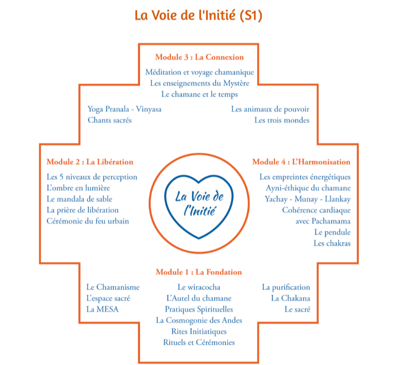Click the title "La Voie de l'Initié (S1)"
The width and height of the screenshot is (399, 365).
(199, 15)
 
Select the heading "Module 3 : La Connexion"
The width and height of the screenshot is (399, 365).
(199, 57)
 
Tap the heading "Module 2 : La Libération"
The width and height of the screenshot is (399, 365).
(90, 162)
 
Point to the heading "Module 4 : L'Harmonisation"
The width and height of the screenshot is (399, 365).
(301, 162)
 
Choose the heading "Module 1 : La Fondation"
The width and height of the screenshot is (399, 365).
(199, 272)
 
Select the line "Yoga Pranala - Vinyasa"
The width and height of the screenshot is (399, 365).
(125, 109)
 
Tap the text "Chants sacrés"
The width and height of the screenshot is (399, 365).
(109, 120)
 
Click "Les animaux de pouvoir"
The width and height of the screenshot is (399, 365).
(270, 109)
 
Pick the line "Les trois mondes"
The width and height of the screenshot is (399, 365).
(282, 120)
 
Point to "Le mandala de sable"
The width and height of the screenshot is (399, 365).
(80, 199)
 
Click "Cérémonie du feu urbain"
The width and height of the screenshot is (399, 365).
(88, 221)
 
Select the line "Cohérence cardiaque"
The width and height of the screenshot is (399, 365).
(316, 210)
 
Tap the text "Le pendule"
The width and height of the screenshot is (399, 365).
(332, 232)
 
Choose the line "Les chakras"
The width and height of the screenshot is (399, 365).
(332, 243)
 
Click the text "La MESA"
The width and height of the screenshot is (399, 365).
(102, 309)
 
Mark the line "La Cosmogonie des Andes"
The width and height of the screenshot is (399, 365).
(199, 320)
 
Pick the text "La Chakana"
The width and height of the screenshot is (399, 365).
(290, 298)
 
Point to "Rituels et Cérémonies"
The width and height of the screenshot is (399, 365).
(199, 342)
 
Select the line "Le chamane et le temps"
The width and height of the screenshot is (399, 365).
(199, 94)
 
